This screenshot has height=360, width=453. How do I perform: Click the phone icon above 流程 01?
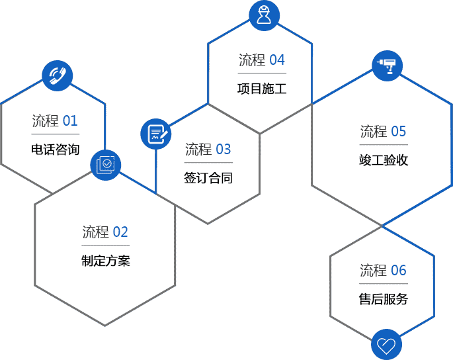click(x=57, y=75)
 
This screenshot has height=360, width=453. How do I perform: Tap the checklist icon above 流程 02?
click(x=105, y=163)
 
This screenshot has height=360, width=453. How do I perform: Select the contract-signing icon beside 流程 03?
click(x=156, y=134)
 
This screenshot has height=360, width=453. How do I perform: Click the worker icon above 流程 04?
click(x=264, y=15)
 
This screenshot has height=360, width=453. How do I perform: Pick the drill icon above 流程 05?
click(x=387, y=66)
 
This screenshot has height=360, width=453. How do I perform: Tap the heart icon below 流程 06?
click(x=386, y=344)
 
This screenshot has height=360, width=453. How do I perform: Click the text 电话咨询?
click(x=55, y=149)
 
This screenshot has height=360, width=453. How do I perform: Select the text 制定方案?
click(x=106, y=261)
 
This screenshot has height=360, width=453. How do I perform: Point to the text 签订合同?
click(x=208, y=178)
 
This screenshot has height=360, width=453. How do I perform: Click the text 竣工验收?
click(x=384, y=160)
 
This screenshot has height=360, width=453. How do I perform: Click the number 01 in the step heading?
click(x=70, y=121)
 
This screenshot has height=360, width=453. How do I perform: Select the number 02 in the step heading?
click(x=120, y=232)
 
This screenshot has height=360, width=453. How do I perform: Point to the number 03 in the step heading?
click(x=224, y=150)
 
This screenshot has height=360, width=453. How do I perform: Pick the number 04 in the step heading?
click(x=277, y=60)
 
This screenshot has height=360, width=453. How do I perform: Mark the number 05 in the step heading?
click(x=399, y=131)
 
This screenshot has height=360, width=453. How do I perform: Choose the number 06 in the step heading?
click(x=399, y=270)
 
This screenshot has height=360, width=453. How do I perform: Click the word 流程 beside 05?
click(x=374, y=131)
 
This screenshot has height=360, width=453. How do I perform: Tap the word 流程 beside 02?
click(x=95, y=232)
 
